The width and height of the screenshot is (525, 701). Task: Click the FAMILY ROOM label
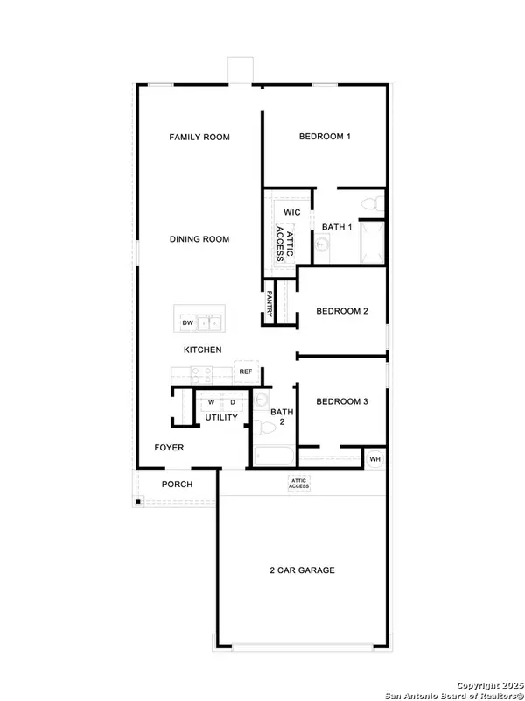[x=199, y=137]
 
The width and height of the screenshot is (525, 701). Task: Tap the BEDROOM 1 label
[x=325, y=137]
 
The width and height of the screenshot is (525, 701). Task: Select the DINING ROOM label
[x=199, y=239]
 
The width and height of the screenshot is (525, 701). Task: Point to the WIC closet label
[x=292, y=212]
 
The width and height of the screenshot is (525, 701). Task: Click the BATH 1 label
[x=337, y=228]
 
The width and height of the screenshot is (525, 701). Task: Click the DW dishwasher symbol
[x=187, y=323]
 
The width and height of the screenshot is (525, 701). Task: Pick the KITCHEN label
[x=202, y=350]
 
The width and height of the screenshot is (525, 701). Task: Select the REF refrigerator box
[x=246, y=372]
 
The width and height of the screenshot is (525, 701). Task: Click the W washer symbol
[x=211, y=402]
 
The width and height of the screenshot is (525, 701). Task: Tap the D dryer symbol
[x=233, y=402]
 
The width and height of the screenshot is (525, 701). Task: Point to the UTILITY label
[x=220, y=418]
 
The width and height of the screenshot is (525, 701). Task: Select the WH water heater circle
[x=374, y=459]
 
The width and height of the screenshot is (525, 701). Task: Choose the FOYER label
[x=170, y=448]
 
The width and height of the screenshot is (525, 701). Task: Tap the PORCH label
[x=178, y=485]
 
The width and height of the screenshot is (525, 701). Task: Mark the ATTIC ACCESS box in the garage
[x=300, y=483]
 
